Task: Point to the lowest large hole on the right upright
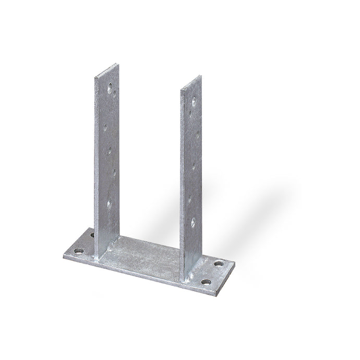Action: [x=193, y=223]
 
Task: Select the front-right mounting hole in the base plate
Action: [x=207, y=282]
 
